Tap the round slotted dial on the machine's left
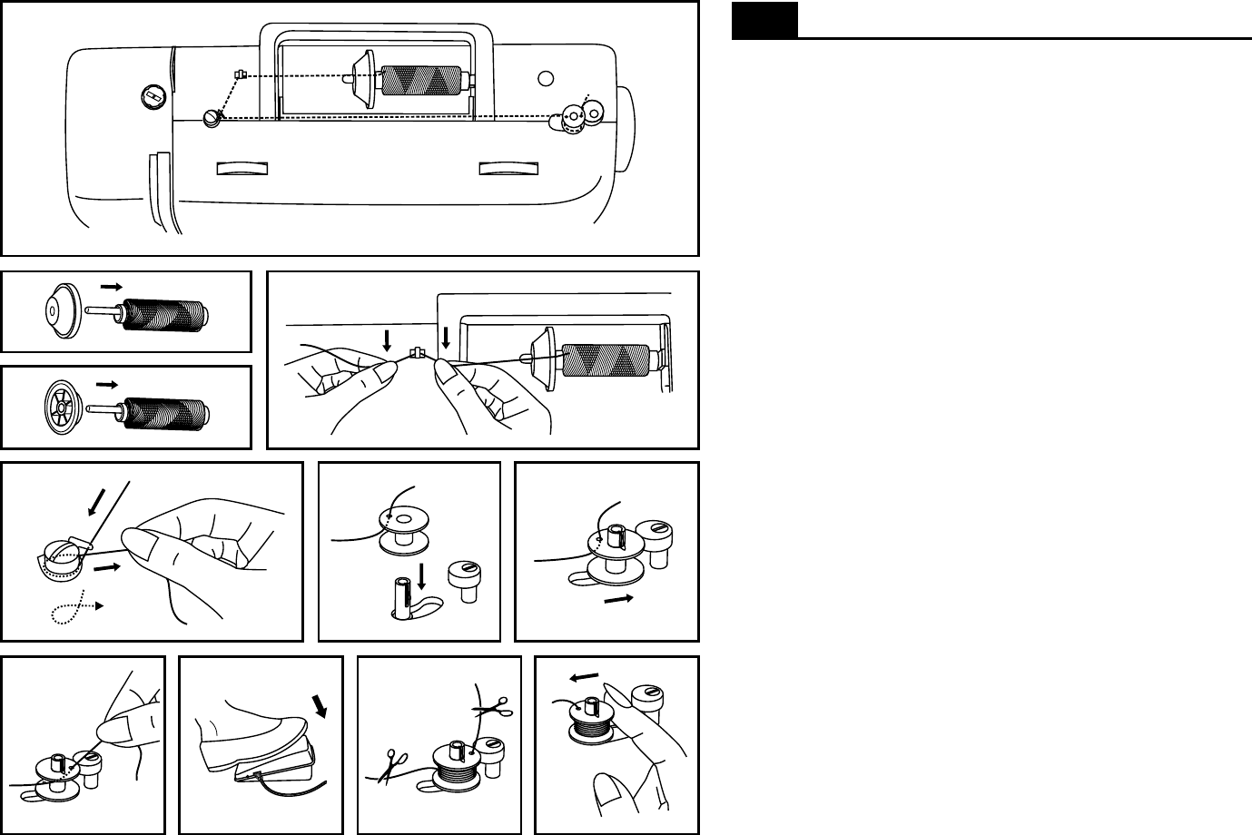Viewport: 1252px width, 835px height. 152,95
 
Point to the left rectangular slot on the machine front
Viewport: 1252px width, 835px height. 244,169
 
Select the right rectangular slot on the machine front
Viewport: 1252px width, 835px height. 508,169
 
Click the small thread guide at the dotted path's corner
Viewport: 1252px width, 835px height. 239,74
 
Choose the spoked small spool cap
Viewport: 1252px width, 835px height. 63,408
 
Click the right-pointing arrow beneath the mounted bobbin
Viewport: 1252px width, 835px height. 618,600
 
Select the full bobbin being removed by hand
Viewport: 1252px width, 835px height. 595,720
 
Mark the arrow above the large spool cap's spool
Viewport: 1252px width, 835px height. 112,285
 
